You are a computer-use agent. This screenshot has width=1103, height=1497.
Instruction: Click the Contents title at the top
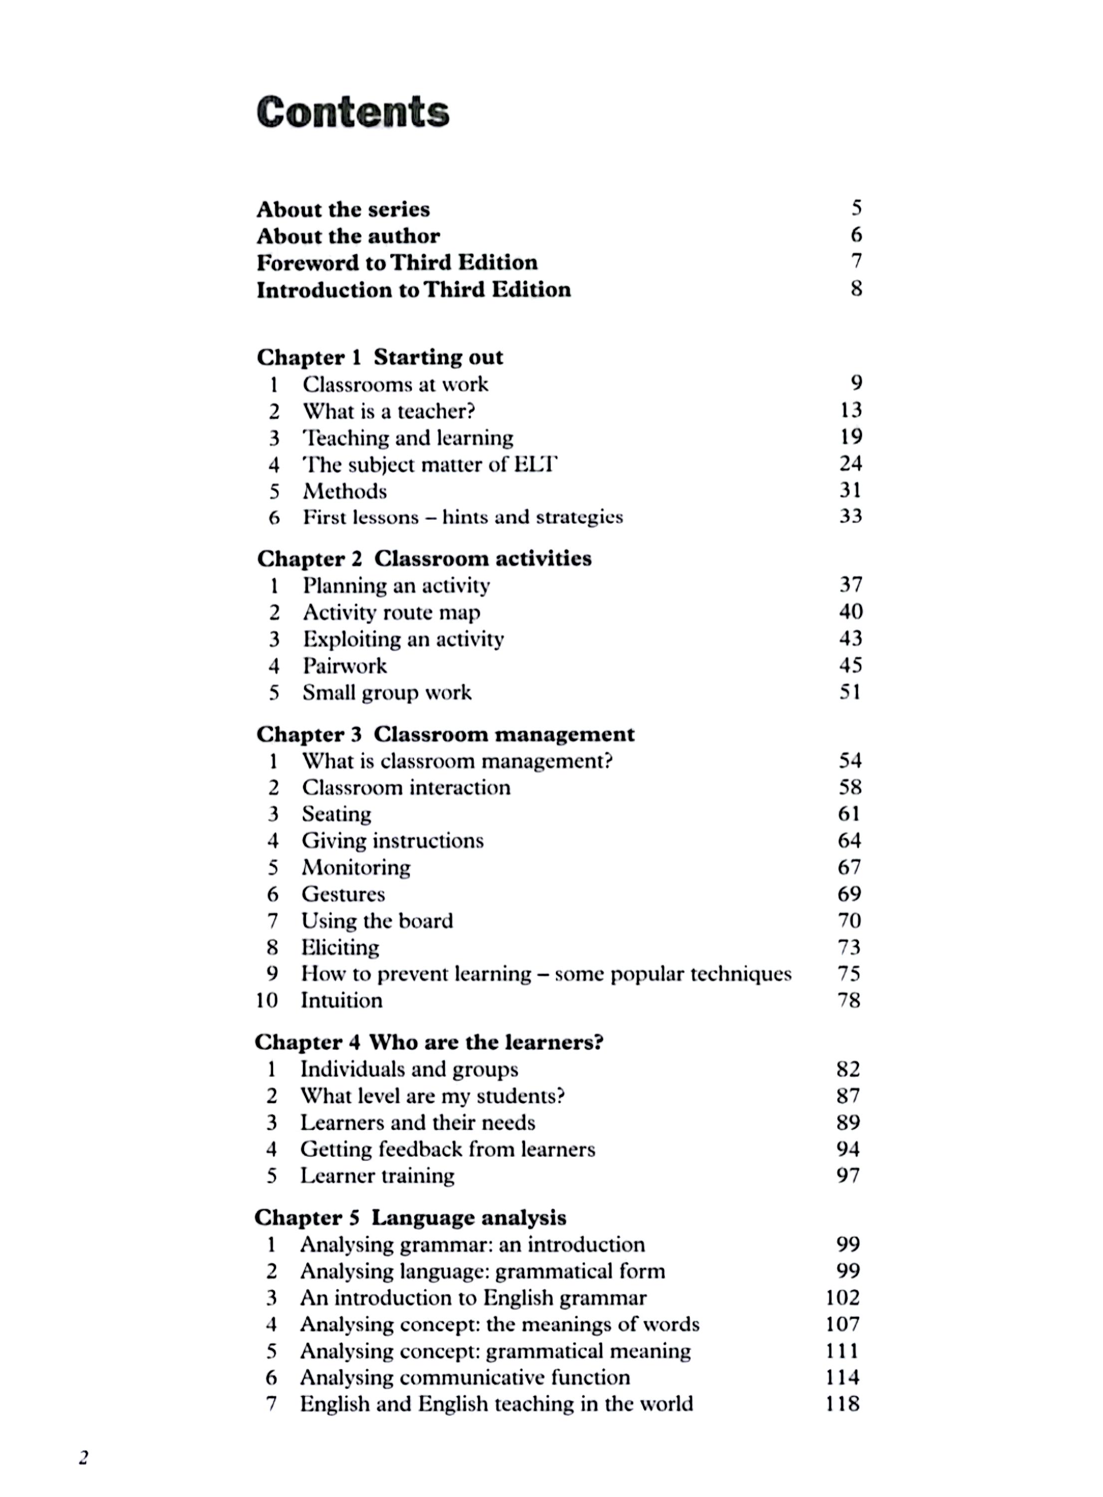(352, 112)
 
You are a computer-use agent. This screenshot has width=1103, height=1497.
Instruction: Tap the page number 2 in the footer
(83, 1458)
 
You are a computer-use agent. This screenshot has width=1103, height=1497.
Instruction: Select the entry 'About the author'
(348, 236)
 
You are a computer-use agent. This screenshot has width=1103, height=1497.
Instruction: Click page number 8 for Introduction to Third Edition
(856, 289)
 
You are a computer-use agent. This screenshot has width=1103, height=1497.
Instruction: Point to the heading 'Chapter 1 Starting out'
(379, 357)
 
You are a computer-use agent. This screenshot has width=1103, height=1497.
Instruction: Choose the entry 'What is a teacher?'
(389, 411)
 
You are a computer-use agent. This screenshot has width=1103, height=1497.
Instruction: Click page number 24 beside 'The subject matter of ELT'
(850, 463)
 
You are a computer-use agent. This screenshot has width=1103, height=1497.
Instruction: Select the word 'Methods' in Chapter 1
(344, 491)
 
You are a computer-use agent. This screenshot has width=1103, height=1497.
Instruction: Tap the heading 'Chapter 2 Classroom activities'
(424, 558)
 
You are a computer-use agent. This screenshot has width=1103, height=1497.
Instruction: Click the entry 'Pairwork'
(344, 665)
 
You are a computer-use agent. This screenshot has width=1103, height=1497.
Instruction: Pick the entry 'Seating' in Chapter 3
(336, 814)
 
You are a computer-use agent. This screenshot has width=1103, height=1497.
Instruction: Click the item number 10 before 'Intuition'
(267, 1000)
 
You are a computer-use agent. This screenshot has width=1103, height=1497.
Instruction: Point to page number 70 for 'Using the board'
(849, 921)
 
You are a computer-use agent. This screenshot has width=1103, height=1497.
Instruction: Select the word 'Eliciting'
(340, 948)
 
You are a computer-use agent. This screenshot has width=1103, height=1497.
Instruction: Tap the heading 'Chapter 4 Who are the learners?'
(429, 1042)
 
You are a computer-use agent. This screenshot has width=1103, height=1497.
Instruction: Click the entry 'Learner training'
(377, 1175)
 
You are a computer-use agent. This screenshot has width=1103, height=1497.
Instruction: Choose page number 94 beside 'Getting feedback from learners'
(848, 1149)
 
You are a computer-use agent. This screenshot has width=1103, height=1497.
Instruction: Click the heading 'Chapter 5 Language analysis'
(410, 1218)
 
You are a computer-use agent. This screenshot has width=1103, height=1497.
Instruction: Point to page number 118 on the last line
(842, 1404)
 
